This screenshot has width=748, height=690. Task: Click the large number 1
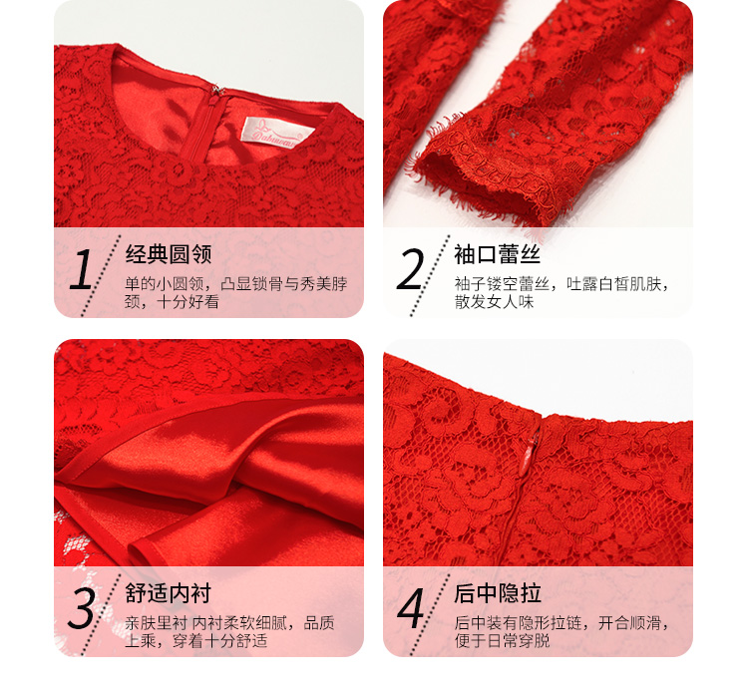(x=82, y=269)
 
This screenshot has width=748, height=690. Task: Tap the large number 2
(x=410, y=269)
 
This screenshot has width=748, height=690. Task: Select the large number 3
(x=81, y=608)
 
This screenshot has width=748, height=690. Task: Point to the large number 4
(x=411, y=608)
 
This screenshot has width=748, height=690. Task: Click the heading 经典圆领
(x=169, y=254)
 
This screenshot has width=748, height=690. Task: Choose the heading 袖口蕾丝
(x=497, y=254)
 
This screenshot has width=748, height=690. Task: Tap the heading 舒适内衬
(x=169, y=593)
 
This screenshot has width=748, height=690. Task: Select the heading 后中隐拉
(x=498, y=593)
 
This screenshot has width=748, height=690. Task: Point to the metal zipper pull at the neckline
(x=217, y=91)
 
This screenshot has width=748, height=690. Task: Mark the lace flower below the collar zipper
(x=179, y=171)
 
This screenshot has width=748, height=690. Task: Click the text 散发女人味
(x=495, y=301)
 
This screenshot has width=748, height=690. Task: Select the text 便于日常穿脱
(x=503, y=640)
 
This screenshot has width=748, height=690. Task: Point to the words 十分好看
(x=187, y=301)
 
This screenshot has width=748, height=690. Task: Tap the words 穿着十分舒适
(x=220, y=640)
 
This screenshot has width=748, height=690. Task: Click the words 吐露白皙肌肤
(x=613, y=284)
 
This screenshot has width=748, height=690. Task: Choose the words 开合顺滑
(x=629, y=623)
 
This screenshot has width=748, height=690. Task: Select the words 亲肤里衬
(x=156, y=623)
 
